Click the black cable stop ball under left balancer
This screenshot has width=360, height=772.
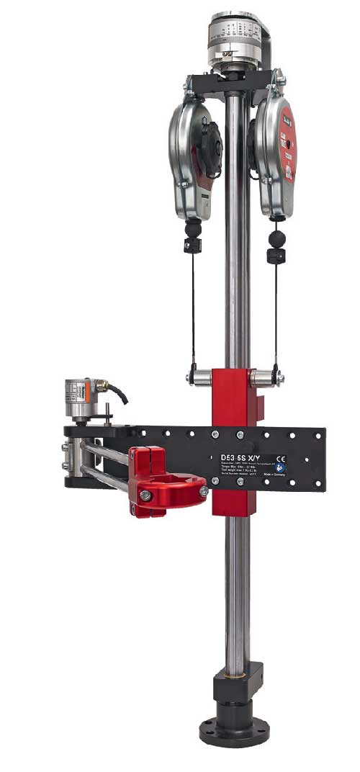pyautogui.click(x=192, y=230)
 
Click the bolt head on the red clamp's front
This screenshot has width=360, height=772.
pyautogui.click(x=145, y=495)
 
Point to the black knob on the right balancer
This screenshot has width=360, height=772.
pyautogui.click(x=256, y=137)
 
